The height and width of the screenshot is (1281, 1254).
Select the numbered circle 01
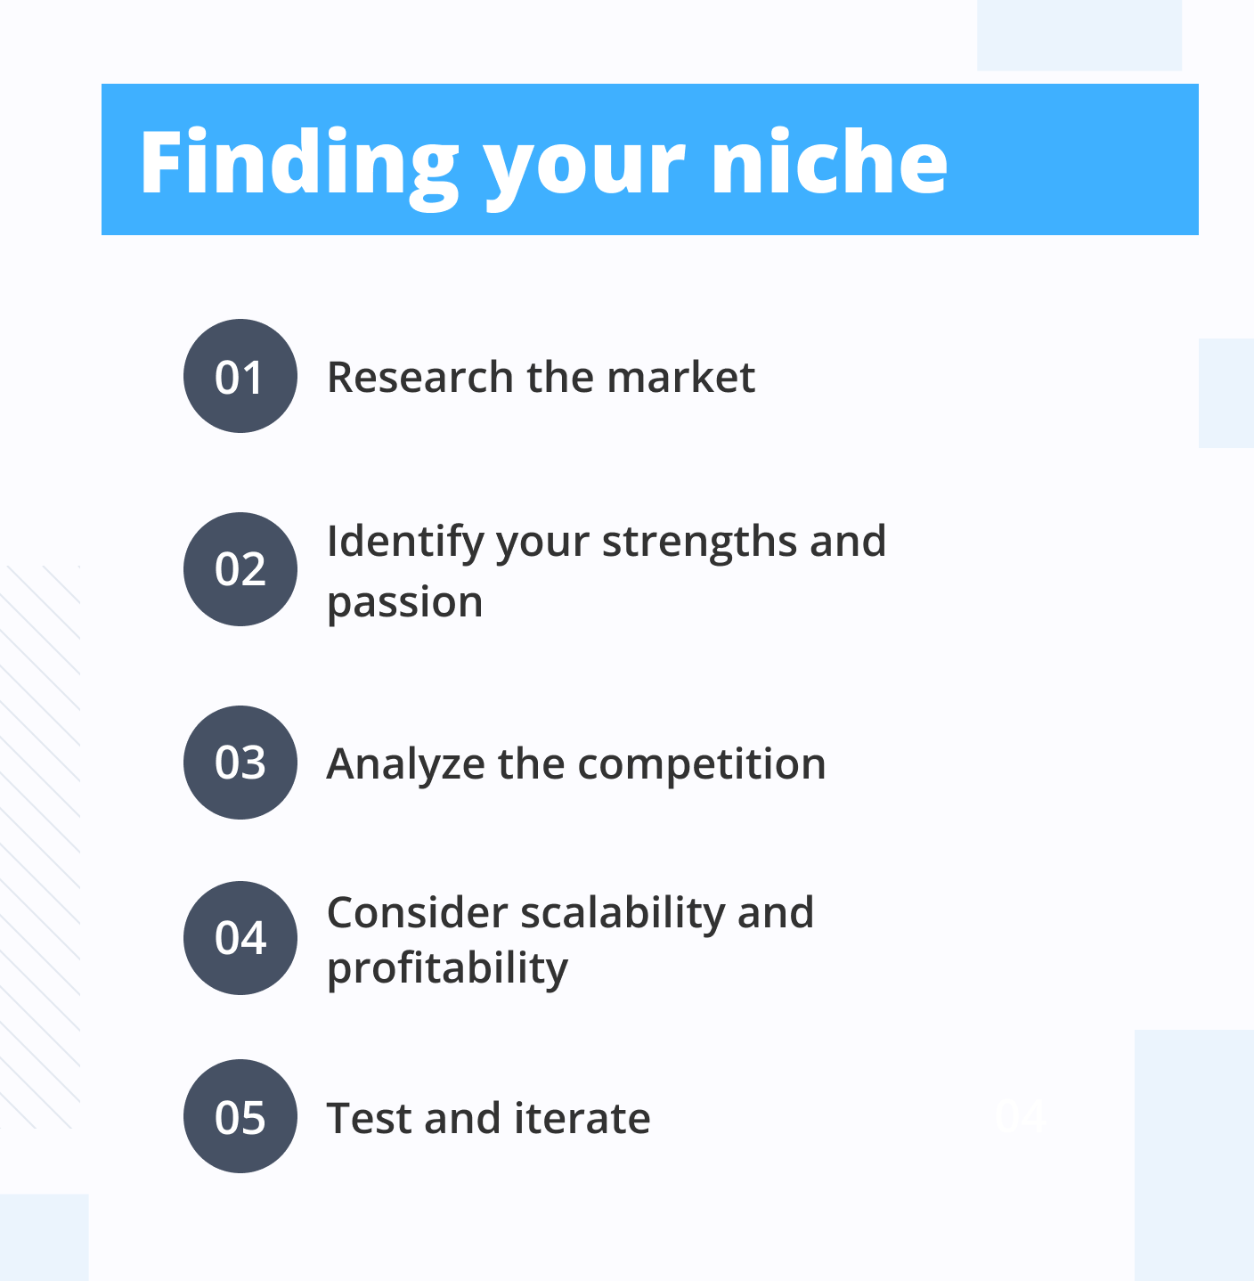tap(240, 376)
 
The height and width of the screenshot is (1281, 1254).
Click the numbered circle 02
tap(240, 569)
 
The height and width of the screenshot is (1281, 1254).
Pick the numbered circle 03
tap(240, 763)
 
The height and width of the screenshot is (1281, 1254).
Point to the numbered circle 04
tap(240, 938)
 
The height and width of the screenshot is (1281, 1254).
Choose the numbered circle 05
tap(240, 1116)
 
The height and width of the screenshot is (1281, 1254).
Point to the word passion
tap(405, 603)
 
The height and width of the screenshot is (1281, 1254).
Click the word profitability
tap(447, 968)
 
